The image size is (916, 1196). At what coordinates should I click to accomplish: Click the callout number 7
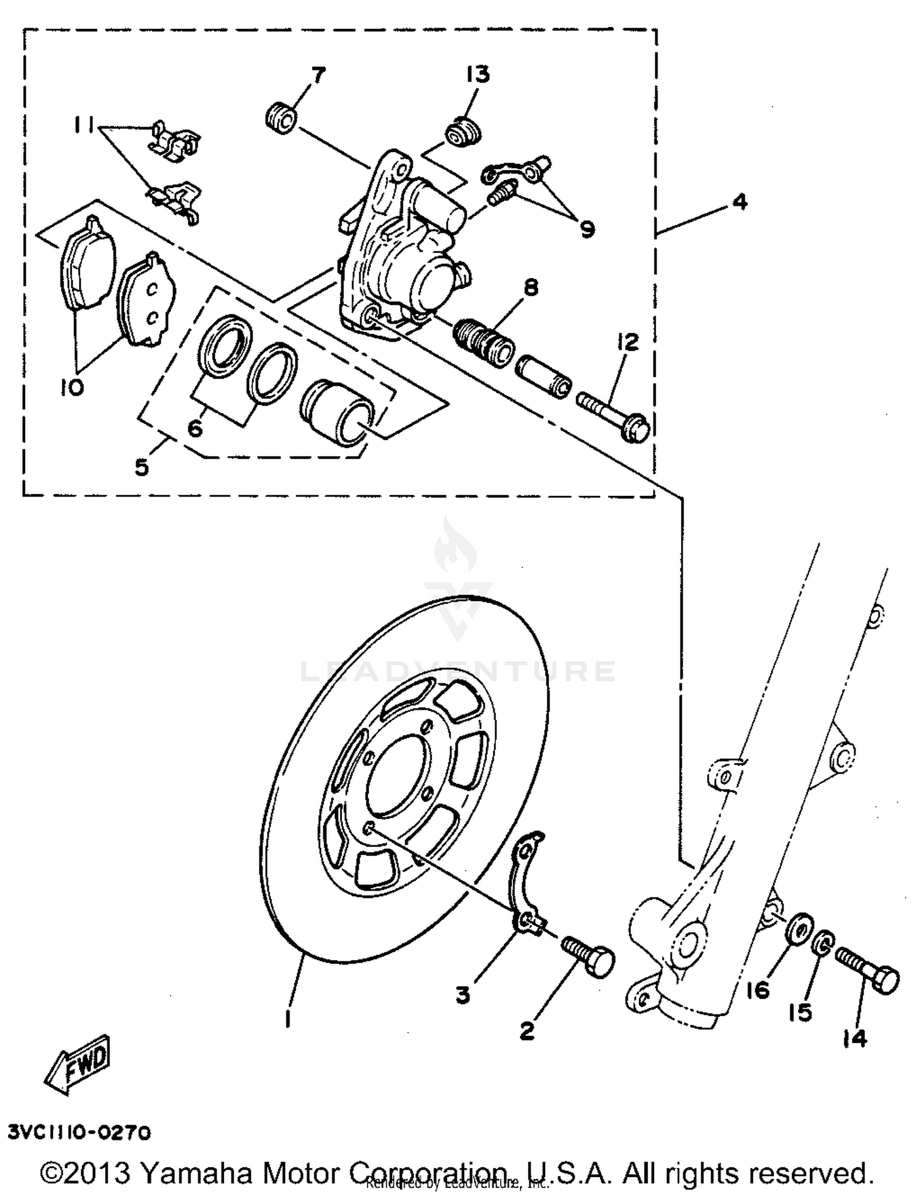[318, 76]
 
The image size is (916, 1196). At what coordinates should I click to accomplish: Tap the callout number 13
[478, 75]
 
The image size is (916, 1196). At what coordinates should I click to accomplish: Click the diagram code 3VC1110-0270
[79, 1133]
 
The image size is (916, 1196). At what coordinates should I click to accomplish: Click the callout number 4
[740, 201]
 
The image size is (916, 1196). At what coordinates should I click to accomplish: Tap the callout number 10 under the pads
[71, 387]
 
